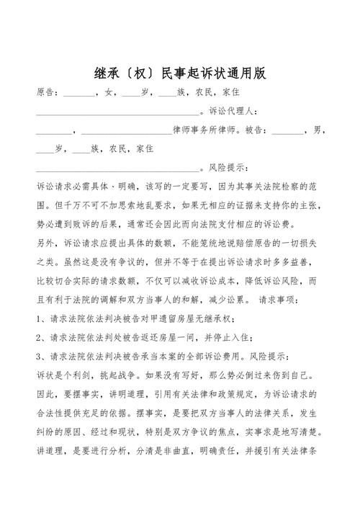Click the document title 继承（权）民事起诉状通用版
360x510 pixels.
180,73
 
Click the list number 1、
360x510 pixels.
40,318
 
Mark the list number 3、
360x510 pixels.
40,355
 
